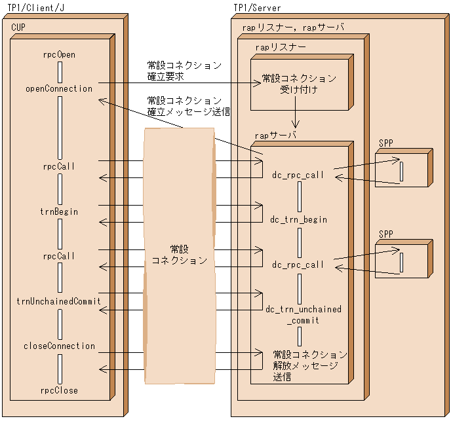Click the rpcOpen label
click(58, 55)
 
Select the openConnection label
click(59, 88)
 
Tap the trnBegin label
click(59, 211)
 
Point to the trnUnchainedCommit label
click(59, 301)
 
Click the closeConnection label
click(59, 346)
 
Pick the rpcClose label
click(59, 390)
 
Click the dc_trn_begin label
click(298, 219)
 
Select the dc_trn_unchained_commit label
click(303, 314)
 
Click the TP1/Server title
click(257, 7)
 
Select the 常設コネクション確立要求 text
click(184, 71)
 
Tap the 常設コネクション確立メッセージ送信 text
click(188, 106)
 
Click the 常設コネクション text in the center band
click(179, 255)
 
